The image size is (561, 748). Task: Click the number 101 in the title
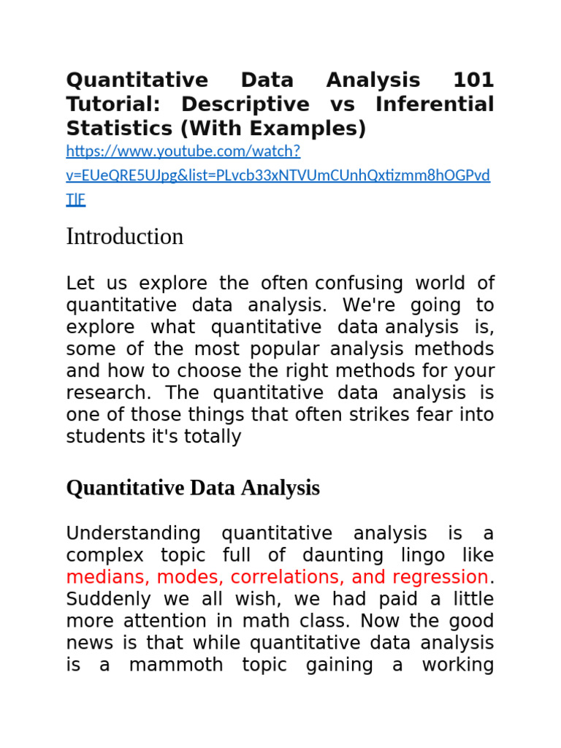click(473, 80)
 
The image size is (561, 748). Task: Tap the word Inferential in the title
click(435, 104)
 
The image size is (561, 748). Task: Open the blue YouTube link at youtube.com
click(183, 152)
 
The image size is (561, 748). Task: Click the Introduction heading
click(125, 237)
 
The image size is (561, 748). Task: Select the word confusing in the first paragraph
click(359, 283)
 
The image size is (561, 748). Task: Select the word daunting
click(345, 556)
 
